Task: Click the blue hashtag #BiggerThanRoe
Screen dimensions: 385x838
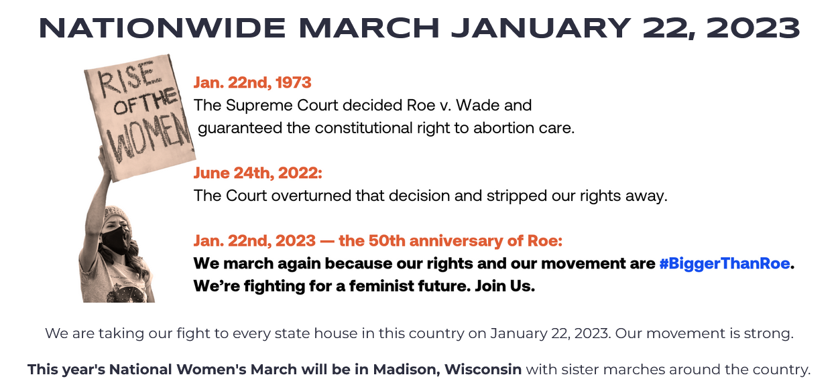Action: click(723, 263)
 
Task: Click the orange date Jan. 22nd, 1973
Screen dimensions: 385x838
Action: click(252, 82)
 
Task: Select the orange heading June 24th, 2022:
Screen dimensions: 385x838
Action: click(257, 173)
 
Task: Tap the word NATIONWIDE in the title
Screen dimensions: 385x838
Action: click(161, 28)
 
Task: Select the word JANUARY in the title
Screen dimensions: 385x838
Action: click(544, 28)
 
